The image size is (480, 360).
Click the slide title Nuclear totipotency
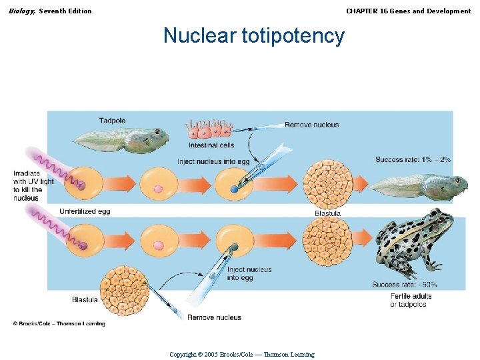[254, 35]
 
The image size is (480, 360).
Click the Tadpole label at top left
[112, 121]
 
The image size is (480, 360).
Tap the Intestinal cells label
[211, 145]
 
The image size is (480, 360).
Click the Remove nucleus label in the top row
[311, 125]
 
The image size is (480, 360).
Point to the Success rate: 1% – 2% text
[413, 159]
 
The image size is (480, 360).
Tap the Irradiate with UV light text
[33, 185]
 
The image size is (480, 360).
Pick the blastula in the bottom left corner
[125, 291]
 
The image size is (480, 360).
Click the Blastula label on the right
[327, 213]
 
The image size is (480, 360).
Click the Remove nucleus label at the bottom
[214, 317]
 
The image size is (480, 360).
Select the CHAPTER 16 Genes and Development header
[408, 11]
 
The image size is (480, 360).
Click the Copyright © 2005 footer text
[242, 354]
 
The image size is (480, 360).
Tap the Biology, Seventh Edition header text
[50, 11]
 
